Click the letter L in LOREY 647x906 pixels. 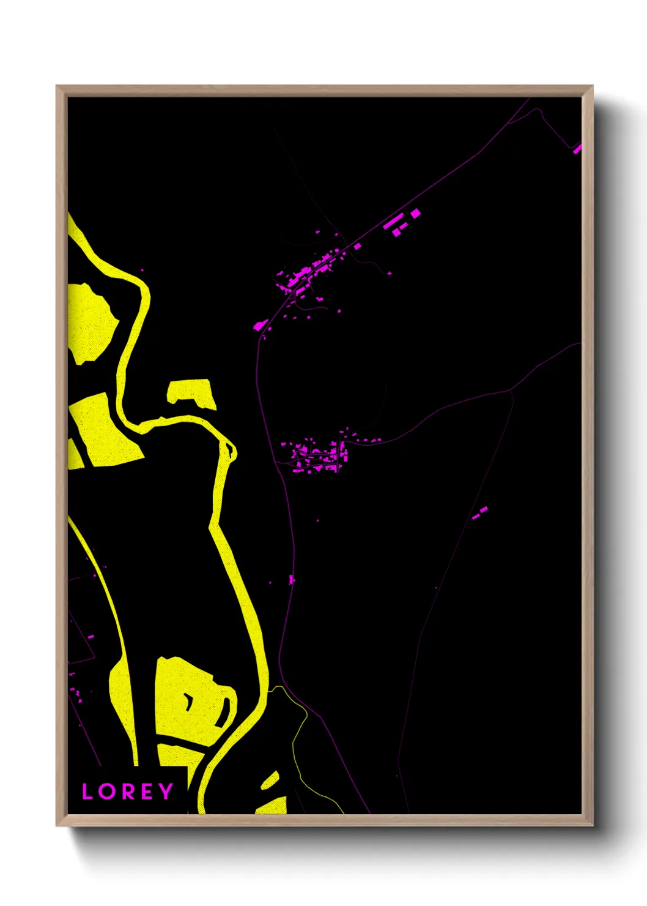[87, 792]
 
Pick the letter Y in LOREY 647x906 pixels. [165, 792]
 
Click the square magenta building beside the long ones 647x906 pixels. [416, 214]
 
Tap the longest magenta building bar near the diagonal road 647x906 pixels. [393, 220]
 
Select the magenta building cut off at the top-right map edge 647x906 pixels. [577, 148]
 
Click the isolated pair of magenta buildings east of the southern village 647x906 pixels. [480, 512]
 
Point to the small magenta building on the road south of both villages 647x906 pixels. [292, 579]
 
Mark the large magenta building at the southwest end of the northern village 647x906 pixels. [259, 326]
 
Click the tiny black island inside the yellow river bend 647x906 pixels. [232, 451]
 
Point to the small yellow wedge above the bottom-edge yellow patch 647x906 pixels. [270, 781]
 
